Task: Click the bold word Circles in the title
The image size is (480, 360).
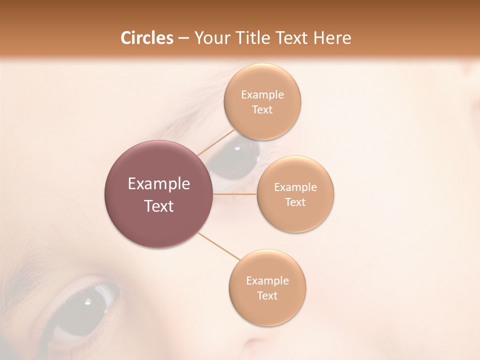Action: tap(147, 38)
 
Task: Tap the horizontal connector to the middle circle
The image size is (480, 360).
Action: tap(235, 193)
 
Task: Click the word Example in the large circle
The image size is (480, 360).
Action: tap(158, 184)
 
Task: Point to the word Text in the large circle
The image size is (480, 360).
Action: tap(158, 206)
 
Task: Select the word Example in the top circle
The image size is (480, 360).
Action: tap(262, 95)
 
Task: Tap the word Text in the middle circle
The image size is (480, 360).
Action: tap(295, 202)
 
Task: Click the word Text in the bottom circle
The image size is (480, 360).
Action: tap(267, 296)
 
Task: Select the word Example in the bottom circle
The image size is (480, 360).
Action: tap(267, 281)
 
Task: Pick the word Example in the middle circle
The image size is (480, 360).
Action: tap(295, 187)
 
